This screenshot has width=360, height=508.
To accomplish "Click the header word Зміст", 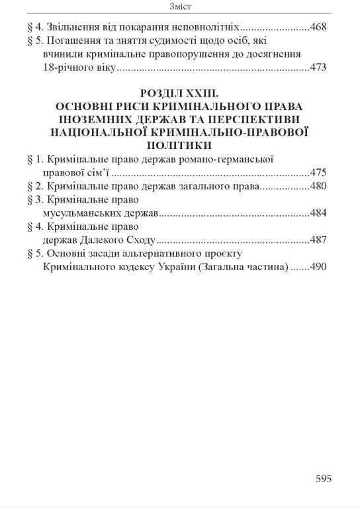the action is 181,7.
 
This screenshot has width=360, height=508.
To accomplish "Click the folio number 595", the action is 323,479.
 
